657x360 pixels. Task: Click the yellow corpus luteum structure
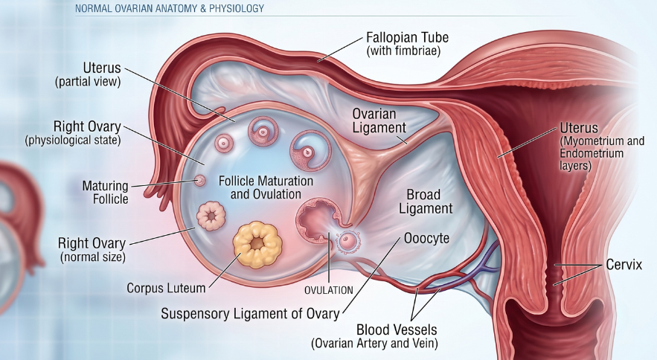click(257, 245)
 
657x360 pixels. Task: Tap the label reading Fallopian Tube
click(407, 37)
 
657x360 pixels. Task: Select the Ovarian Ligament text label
click(379, 120)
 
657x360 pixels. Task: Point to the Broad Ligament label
click(426, 202)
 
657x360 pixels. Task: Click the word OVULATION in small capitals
click(329, 290)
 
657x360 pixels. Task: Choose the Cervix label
click(624, 265)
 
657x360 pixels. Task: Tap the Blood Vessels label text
click(397, 330)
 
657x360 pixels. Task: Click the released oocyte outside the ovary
click(347, 242)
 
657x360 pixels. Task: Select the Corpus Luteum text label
click(166, 288)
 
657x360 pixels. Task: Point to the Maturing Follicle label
click(105, 192)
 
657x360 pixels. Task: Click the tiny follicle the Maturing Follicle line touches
click(200, 181)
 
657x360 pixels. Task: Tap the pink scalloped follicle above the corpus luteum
click(211, 216)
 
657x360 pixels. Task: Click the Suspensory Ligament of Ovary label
click(250, 313)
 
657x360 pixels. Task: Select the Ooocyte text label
click(426, 239)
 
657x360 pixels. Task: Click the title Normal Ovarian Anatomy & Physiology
click(170, 8)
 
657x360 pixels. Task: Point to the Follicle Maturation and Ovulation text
click(266, 187)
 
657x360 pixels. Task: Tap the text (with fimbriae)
click(403, 51)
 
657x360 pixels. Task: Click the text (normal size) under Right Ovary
click(93, 257)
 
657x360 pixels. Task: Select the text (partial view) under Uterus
click(88, 81)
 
